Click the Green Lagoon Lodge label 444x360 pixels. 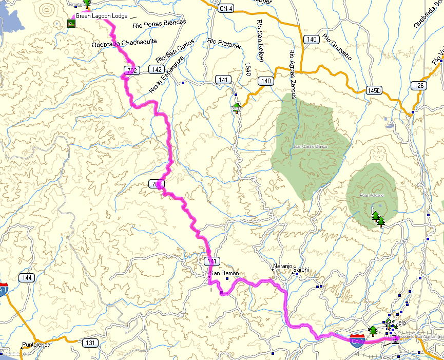(102, 16)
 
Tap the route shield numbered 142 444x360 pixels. (156, 69)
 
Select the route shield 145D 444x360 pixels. (375, 91)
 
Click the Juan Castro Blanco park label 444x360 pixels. (310, 146)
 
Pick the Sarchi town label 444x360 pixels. (301, 269)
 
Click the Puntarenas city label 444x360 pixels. (36, 345)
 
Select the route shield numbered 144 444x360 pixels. (27, 278)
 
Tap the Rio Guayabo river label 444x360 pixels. (337, 47)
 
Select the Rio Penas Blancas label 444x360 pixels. (159, 23)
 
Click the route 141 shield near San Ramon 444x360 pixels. (211, 261)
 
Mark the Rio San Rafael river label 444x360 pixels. (260, 42)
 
